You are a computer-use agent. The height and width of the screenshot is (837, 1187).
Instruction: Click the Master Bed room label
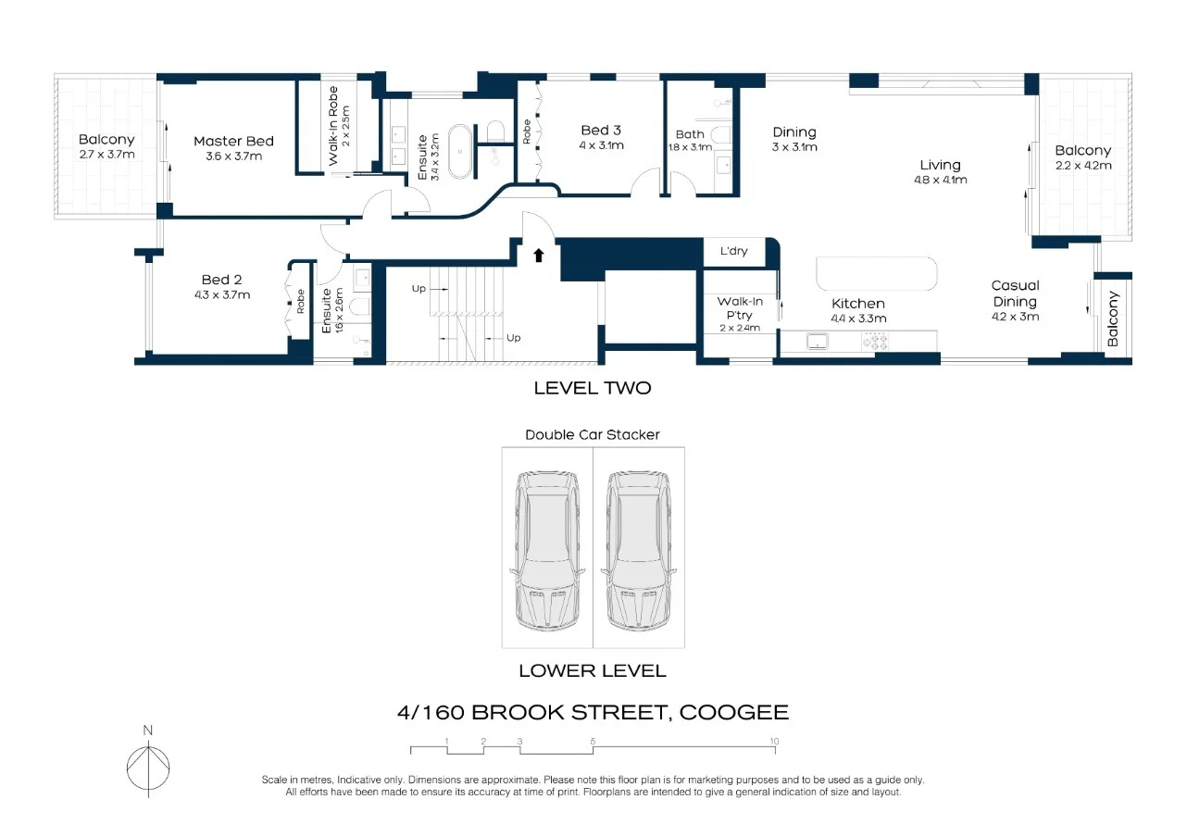(233, 142)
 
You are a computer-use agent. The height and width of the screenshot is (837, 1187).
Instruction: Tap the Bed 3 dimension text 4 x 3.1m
(601, 146)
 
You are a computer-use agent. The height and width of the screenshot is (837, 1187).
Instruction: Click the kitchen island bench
(876, 275)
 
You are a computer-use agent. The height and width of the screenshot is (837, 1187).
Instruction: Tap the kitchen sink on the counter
(818, 342)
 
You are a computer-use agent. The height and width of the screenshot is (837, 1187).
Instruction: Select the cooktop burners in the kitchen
(876, 342)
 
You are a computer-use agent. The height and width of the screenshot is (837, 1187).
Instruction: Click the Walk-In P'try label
(740, 307)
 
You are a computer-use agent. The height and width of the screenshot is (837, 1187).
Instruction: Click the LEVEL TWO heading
(592, 389)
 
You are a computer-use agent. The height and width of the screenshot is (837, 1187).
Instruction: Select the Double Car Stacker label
(593, 434)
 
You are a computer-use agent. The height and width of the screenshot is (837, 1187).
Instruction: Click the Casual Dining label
(1015, 294)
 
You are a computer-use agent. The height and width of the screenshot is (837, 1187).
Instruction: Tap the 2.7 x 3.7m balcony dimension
(106, 155)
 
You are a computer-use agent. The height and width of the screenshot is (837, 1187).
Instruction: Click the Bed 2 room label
(221, 280)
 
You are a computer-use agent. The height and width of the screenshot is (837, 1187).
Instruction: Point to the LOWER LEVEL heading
(592, 671)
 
